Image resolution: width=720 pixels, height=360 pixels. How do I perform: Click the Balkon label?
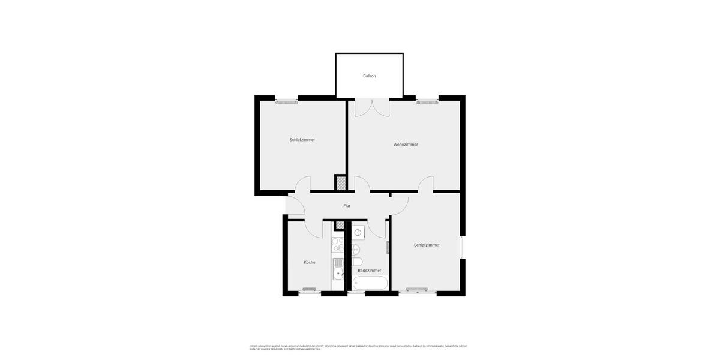coord(369,76)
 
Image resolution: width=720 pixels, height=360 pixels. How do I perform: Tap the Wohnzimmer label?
coord(406,145)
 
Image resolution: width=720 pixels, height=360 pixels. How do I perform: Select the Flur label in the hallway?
coord(347,206)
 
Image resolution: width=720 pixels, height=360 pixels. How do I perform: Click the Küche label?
coord(309,262)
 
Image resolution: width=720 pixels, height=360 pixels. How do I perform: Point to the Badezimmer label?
coord(369,271)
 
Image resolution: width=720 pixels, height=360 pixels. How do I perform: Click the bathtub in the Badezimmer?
coord(370,283)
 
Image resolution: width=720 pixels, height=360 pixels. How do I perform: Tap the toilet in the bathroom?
coord(356,262)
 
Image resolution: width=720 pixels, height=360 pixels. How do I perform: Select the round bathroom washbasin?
coord(356,249)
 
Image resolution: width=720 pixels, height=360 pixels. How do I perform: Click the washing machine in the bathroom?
coord(358,232)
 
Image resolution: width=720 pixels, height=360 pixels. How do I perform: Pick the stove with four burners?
coord(338,245)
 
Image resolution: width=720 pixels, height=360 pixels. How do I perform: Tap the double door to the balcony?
coord(372,108)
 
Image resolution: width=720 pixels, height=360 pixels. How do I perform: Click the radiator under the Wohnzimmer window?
coord(427,102)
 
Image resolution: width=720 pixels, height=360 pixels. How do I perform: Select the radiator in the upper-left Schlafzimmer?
coord(286,102)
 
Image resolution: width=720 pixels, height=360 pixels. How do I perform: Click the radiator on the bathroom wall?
coord(388,247)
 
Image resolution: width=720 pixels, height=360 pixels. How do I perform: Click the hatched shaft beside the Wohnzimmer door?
coord(340,182)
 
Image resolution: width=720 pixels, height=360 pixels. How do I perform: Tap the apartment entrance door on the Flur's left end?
coord(295,206)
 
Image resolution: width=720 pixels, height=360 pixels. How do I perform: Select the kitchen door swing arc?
coord(313,229)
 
